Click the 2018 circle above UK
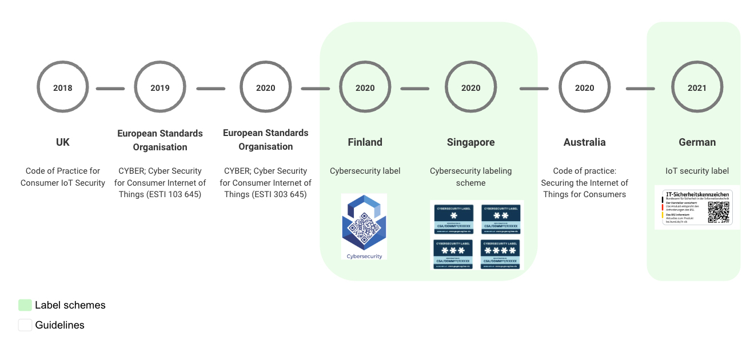tap(63, 88)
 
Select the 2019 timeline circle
tap(160, 88)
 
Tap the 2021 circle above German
tap(697, 88)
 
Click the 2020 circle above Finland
tap(365, 88)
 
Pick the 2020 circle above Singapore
tap(471, 88)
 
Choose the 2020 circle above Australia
tap(584, 88)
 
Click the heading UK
tap(63, 142)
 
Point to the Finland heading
tap(365, 142)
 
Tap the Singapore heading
tap(471, 142)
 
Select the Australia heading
tap(584, 142)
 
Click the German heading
tap(697, 142)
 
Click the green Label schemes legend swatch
tap(25, 305)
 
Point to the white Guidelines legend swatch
tap(25, 325)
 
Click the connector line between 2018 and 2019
tap(110, 89)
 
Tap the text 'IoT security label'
tap(697, 171)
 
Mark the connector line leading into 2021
tap(640, 89)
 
